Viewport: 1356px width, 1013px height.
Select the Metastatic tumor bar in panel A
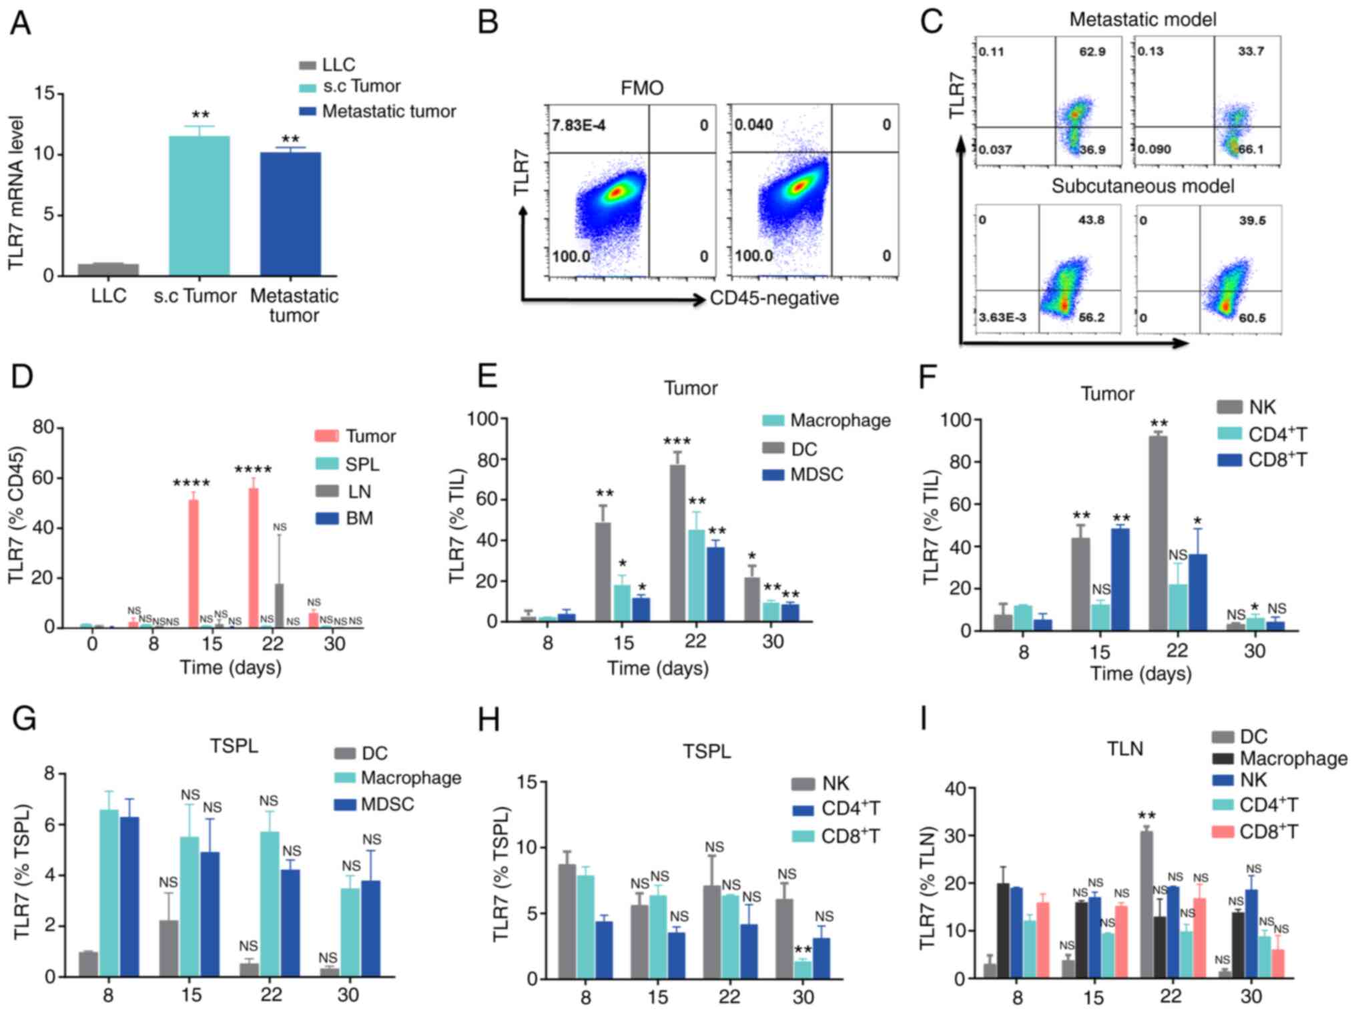click(290, 214)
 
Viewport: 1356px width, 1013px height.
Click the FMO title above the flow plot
click(641, 87)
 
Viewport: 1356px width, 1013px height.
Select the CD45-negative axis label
click(774, 298)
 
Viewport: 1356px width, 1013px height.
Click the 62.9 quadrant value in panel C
click(1092, 51)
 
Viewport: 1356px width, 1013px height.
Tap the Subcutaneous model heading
click(1142, 186)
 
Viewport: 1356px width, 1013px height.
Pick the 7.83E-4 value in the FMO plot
click(579, 125)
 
